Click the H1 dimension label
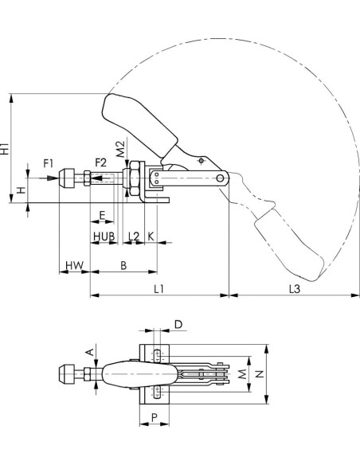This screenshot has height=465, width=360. [x=5, y=148]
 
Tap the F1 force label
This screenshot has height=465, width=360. [x=49, y=163]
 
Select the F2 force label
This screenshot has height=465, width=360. [x=100, y=162]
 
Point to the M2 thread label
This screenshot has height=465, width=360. [x=120, y=149]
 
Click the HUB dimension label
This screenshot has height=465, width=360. [x=104, y=236]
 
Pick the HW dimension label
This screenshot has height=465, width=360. [x=74, y=265]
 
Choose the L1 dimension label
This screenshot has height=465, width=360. [x=158, y=288]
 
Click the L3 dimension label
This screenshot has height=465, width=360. [x=295, y=288]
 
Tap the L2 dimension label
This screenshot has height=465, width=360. [x=134, y=236]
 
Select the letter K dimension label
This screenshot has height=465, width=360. [x=151, y=236]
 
